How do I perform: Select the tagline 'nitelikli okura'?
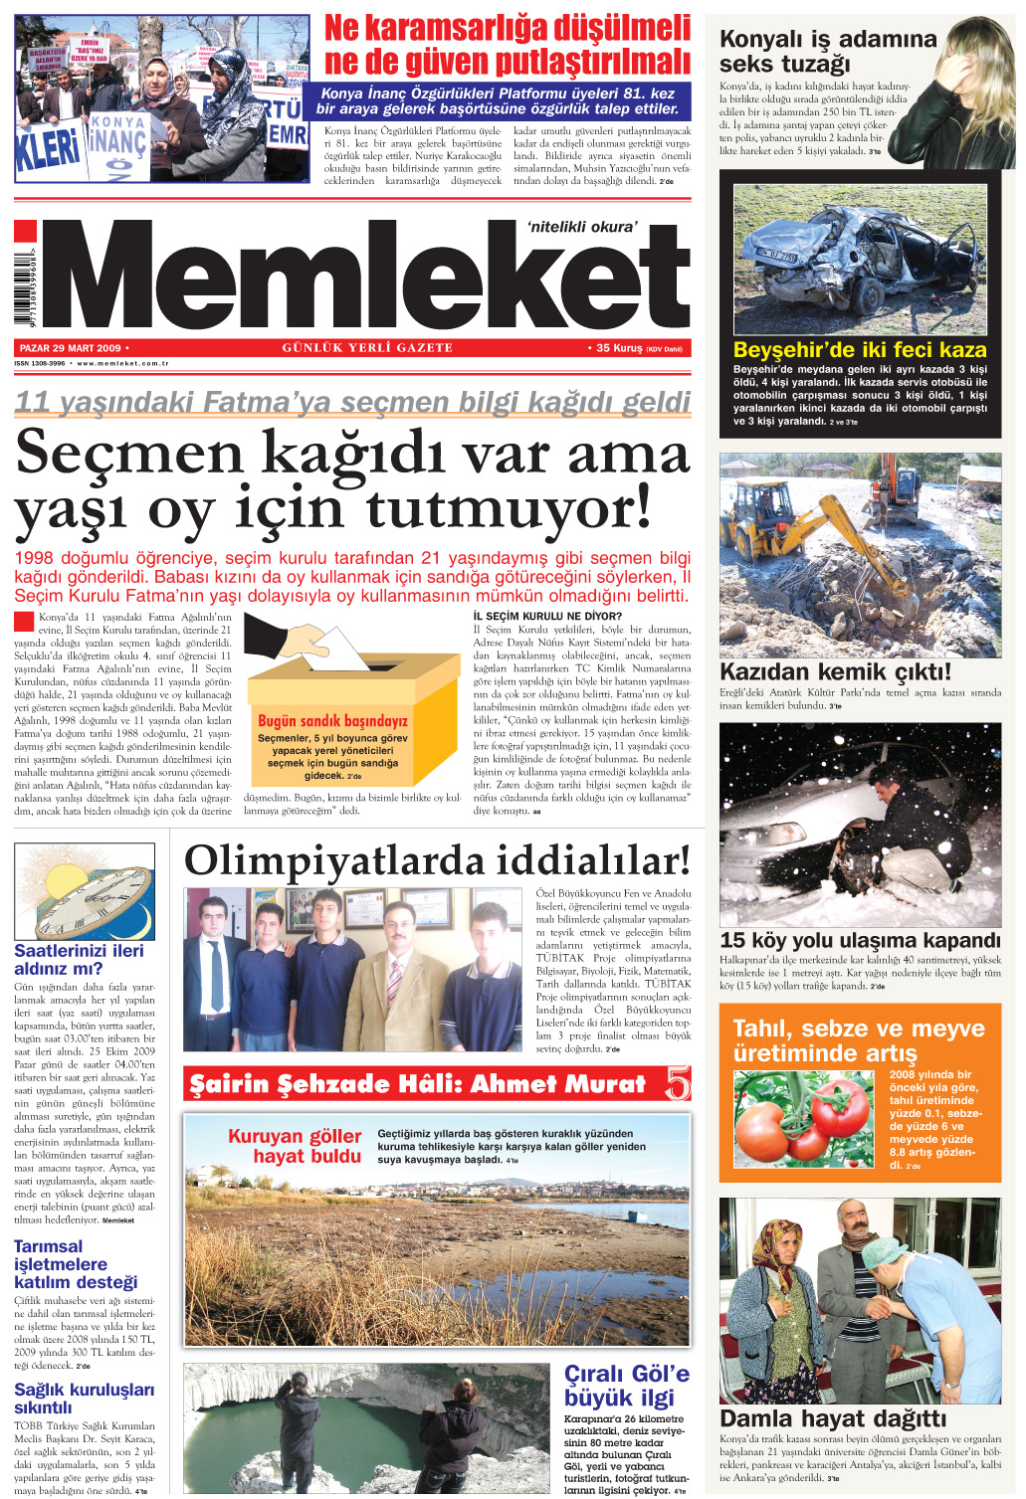(582, 227)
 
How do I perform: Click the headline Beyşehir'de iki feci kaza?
(860, 350)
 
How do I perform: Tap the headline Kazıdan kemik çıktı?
(835, 672)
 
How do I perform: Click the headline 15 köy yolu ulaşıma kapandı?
(860, 940)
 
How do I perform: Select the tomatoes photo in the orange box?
(802, 1118)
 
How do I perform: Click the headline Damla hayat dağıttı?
(833, 1418)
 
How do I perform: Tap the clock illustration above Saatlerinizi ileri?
(85, 891)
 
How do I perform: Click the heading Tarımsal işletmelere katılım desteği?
(76, 1264)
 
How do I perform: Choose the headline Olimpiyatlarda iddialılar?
(437, 860)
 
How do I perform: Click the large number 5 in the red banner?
(678, 1083)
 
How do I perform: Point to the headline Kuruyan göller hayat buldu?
(295, 1146)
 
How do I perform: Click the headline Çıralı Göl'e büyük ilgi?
(626, 1386)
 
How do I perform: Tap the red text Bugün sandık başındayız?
(332, 720)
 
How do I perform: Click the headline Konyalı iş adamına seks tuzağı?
(828, 52)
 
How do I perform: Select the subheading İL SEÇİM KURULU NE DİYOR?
(547, 616)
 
